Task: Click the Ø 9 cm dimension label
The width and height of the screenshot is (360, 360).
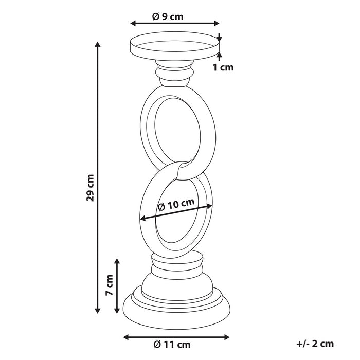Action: [168, 16]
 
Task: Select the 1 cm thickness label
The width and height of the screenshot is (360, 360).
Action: [222, 67]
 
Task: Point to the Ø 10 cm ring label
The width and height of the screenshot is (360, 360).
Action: [176, 204]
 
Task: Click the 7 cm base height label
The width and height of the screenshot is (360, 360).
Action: [109, 285]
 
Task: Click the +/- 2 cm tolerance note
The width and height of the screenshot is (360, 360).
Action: [315, 344]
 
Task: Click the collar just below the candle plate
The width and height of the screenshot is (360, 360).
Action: [175, 75]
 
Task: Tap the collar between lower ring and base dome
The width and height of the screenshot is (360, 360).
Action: [175, 264]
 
